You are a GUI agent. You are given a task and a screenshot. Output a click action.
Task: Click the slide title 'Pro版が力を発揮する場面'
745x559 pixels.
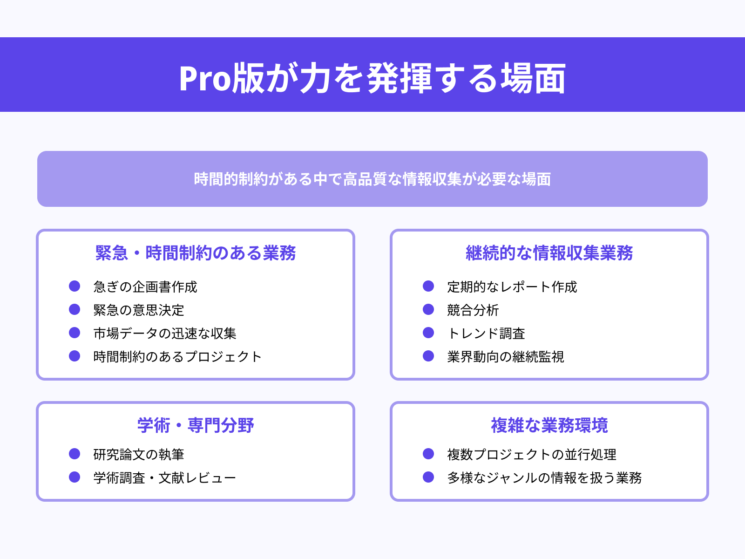[x=372, y=78]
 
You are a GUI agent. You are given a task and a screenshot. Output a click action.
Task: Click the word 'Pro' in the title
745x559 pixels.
[x=205, y=78]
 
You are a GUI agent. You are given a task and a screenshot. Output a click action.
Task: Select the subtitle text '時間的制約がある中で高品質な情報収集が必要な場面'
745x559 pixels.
[x=372, y=179]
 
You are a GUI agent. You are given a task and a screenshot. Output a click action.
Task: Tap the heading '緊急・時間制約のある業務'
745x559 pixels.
[x=196, y=253]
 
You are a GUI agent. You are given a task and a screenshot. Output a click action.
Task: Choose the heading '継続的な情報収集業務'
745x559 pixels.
[x=549, y=253]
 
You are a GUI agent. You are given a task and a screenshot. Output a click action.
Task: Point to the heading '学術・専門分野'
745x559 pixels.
[x=196, y=425]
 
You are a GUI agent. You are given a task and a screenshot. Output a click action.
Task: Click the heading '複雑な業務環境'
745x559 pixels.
[x=549, y=425]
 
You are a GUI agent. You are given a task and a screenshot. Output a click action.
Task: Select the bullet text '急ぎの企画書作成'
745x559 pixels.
[x=145, y=286]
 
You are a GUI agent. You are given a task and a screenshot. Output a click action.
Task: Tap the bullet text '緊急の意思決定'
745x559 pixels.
[x=139, y=310]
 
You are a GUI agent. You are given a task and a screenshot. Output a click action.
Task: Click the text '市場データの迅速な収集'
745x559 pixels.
[x=165, y=333]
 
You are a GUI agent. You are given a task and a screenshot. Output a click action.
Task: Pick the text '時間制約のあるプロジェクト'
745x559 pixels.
[x=177, y=356]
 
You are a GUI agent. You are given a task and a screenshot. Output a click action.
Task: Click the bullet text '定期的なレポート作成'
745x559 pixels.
[x=512, y=286]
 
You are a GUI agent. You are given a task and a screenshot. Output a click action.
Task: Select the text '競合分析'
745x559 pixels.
[x=473, y=310]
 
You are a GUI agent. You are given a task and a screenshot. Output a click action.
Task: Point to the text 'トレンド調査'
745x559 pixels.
[x=486, y=333]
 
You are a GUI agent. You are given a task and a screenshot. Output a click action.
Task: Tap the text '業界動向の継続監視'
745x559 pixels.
[x=506, y=356]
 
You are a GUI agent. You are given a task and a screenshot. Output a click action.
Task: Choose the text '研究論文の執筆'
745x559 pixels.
[x=139, y=454]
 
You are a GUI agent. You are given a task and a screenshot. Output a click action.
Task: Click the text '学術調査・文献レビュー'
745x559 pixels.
[x=165, y=477]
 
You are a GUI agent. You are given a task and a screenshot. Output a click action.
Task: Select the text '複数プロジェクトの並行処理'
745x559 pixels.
[x=532, y=454]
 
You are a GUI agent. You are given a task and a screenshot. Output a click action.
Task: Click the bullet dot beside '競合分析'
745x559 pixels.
[x=428, y=309]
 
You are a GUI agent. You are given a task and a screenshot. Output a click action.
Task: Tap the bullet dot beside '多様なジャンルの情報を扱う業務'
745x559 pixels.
[x=428, y=477]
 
